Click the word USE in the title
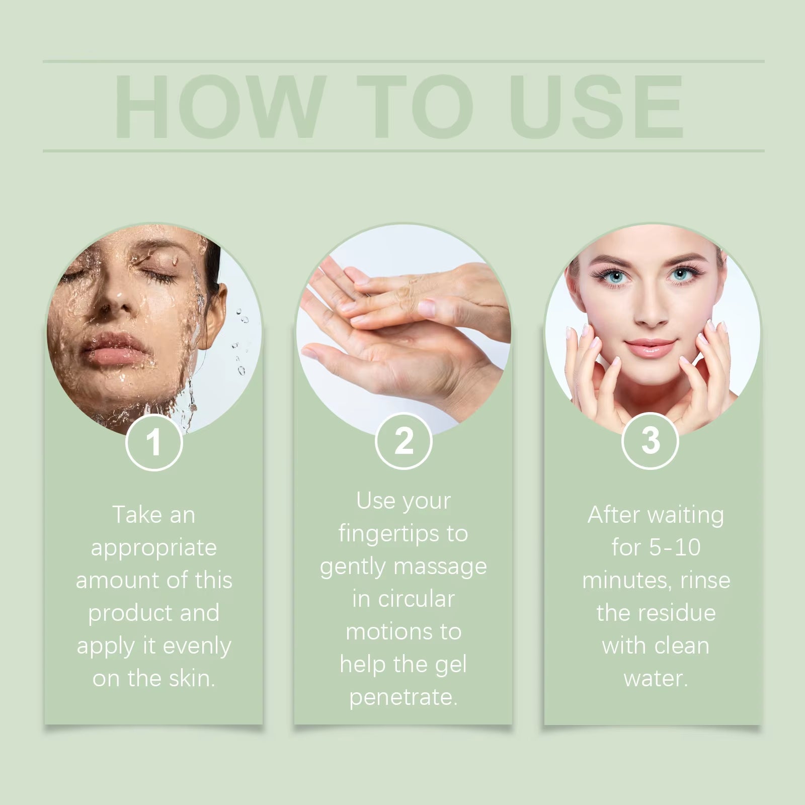pyautogui.click(x=599, y=107)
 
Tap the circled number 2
pyautogui.click(x=404, y=441)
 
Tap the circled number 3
pyautogui.click(x=650, y=440)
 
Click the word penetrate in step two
pyautogui.click(x=403, y=698)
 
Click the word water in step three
pyautogui.click(x=655, y=678)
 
